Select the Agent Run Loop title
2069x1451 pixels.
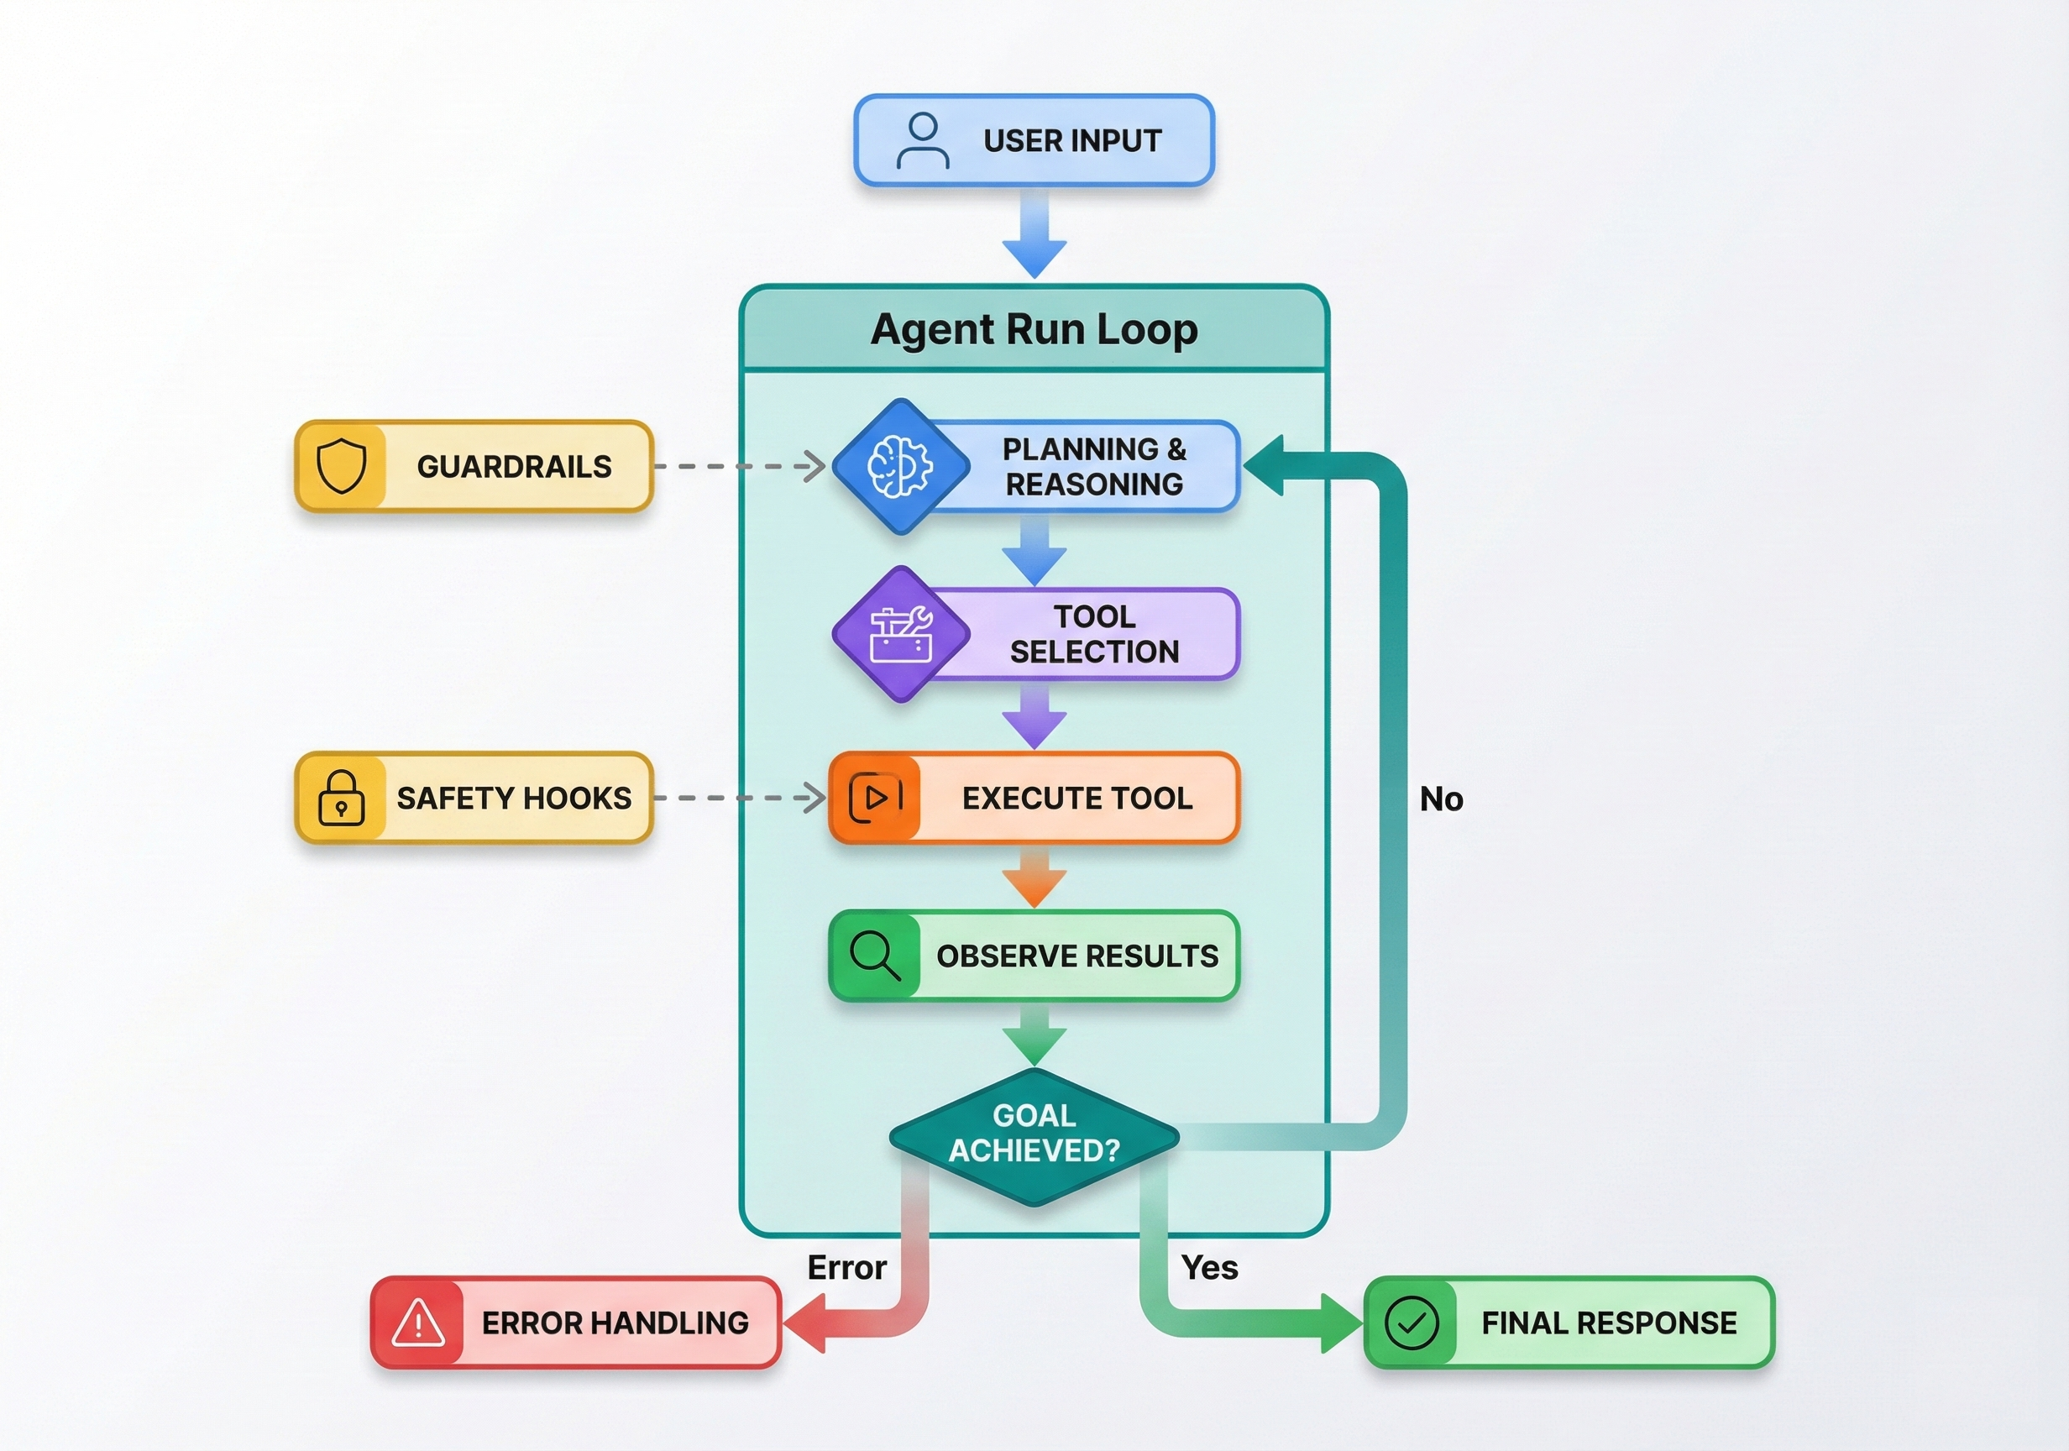[x=1034, y=329]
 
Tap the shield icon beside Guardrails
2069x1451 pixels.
[x=342, y=466]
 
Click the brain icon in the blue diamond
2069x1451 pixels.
[x=899, y=466]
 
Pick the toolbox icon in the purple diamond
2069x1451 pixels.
[x=900, y=635]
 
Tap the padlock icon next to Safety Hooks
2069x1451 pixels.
[x=342, y=798]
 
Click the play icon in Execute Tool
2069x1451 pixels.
[x=875, y=798]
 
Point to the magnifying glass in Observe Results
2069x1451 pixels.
[x=874, y=956]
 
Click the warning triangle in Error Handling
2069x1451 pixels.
[x=418, y=1323]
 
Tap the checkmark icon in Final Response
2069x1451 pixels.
[x=1412, y=1323]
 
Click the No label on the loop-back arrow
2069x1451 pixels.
[x=1440, y=799]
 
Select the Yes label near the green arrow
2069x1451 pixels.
[x=1208, y=1267]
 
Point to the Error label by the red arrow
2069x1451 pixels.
[x=846, y=1267]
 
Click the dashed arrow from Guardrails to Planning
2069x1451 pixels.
[x=739, y=466]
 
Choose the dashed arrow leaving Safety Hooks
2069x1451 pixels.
[x=739, y=798]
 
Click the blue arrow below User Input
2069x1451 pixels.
[x=1034, y=234]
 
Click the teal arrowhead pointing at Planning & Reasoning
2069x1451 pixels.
[x=1265, y=466]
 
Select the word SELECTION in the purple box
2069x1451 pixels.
[x=1094, y=652]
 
